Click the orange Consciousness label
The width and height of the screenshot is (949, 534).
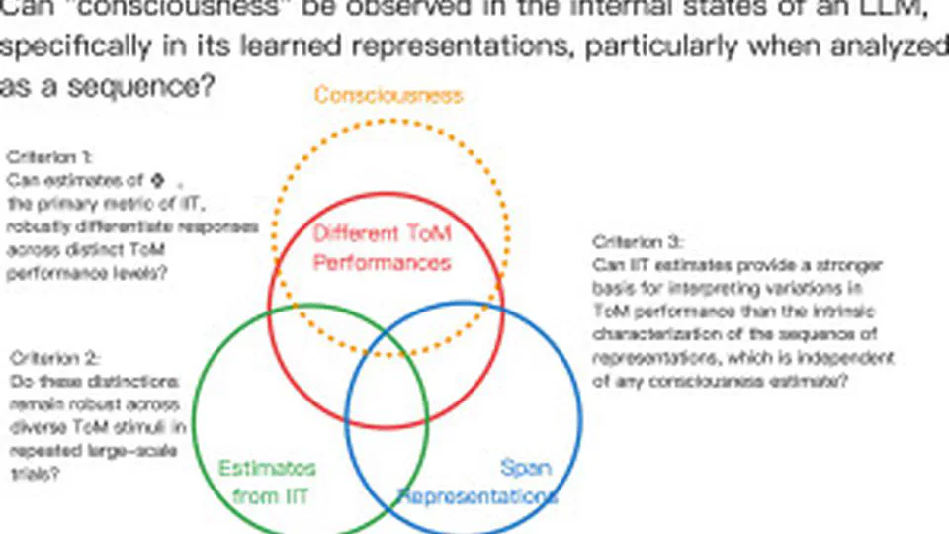(388, 95)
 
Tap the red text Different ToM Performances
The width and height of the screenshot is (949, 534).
(382, 248)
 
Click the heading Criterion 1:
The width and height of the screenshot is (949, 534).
(49, 157)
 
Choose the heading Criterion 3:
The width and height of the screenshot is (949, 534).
(638, 241)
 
